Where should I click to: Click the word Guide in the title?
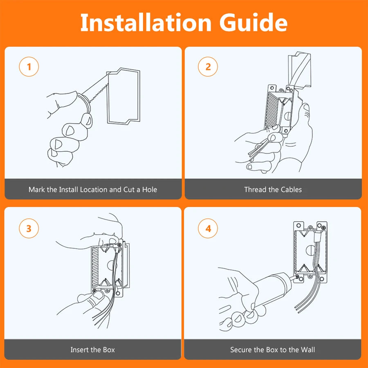coord(254,22)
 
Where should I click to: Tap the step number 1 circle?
coord(29,67)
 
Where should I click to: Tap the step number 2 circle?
coord(208,67)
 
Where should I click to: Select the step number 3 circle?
coord(29,228)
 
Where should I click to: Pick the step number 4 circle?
coord(208,228)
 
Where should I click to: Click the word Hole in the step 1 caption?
coord(150,189)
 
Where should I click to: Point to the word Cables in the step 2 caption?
coord(291,189)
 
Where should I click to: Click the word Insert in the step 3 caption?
coord(79,350)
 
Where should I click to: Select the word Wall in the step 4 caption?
coord(307,350)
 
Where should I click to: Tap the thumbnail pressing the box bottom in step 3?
coord(98,295)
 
